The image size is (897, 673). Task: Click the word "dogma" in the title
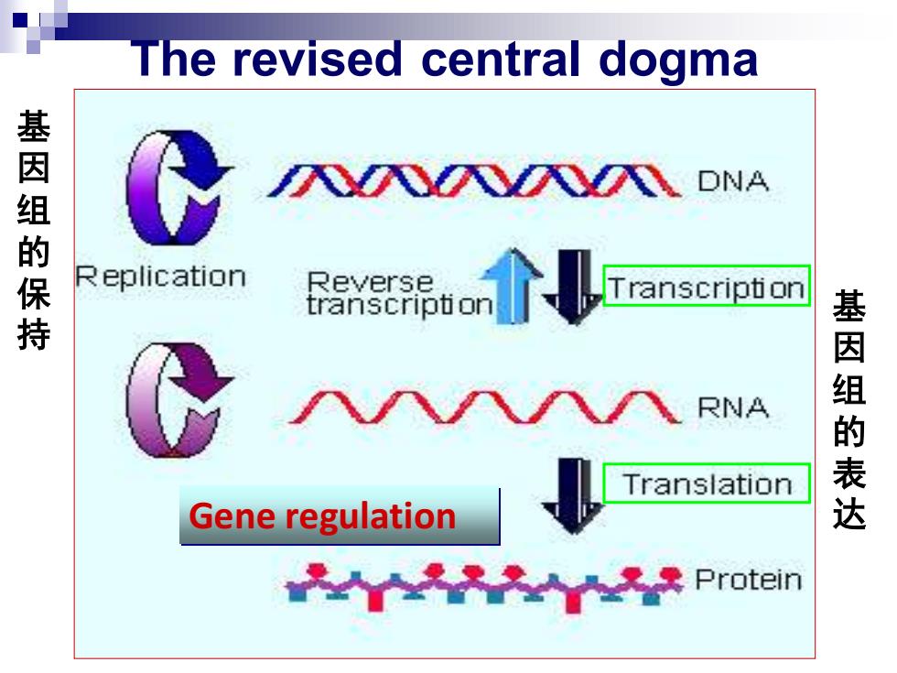[x=678, y=60]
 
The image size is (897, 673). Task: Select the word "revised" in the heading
[x=318, y=59]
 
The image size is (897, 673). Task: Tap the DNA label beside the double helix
[x=733, y=181]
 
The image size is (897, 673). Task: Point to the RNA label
[x=733, y=407]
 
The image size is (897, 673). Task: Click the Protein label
[x=749, y=579]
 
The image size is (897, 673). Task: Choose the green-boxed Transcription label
[x=707, y=286]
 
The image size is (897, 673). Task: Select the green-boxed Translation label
[x=707, y=483]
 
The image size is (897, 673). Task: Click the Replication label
[x=161, y=277]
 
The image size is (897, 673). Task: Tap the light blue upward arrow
[x=512, y=286]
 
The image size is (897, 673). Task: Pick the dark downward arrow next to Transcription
[x=572, y=286]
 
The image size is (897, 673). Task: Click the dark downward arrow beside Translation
[x=572, y=495]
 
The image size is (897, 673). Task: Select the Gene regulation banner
[x=340, y=516]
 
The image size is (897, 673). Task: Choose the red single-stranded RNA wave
[x=485, y=407]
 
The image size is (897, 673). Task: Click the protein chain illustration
[x=484, y=587]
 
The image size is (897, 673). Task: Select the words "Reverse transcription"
[x=399, y=294]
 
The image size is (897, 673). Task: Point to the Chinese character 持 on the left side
[x=34, y=335]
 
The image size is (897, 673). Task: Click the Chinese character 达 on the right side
[x=849, y=514]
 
